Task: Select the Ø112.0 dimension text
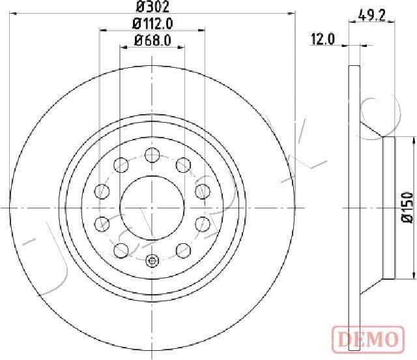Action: (x=152, y=25)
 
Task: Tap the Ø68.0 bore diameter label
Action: (x=152, y=40)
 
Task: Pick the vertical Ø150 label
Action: (x=407, y=207)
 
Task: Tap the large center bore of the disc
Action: (x=152, y=207)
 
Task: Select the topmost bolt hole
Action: (x=152, y=155)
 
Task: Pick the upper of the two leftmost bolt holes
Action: (x=102, y=191)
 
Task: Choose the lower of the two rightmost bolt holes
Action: (x=203, y=224)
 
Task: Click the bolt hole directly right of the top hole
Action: (x=183, y=165)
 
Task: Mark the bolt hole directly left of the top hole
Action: (x=121, y=165)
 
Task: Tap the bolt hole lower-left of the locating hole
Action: (x=121, y=250)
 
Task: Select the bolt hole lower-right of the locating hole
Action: (x=183, y=250)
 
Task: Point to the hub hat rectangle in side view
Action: (x=388, y=207)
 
